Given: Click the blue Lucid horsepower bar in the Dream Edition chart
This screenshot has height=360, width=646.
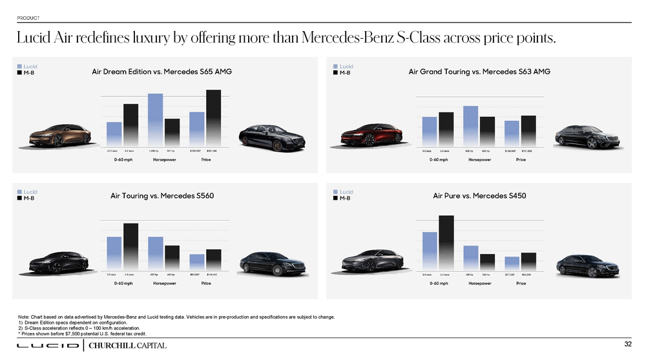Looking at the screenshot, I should click(155, 120).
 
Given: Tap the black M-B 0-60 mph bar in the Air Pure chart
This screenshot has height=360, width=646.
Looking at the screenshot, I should click(446, 244).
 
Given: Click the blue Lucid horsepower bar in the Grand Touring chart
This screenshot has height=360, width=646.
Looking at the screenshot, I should click(470, 125).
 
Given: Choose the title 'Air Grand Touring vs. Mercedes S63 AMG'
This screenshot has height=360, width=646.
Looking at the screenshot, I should click(479, 72).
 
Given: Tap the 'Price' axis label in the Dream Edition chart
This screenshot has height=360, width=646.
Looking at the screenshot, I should click(206, 160).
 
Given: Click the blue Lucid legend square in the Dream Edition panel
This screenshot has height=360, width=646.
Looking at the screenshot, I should click(19, 66).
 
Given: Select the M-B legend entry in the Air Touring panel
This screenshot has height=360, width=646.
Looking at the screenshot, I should click(26, 198).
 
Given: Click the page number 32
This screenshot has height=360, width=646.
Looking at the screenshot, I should click(627, 343).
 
